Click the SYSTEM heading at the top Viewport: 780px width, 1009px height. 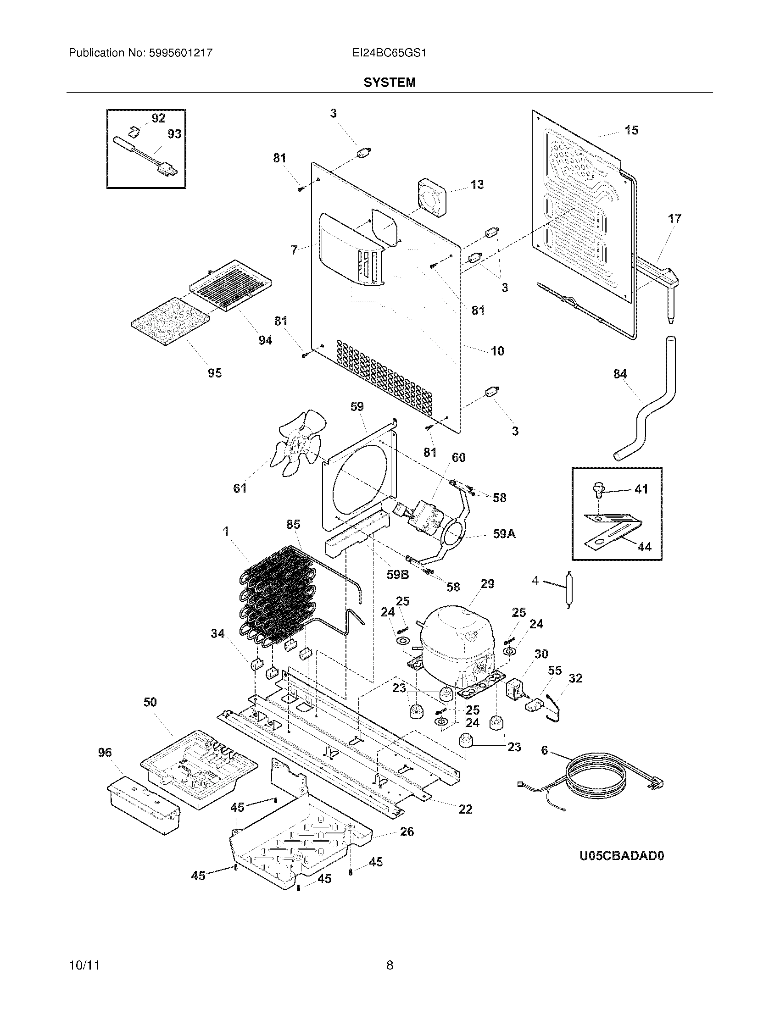(389, 82)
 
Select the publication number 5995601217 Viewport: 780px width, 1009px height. (180, 53)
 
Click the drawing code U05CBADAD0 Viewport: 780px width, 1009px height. (622, 856)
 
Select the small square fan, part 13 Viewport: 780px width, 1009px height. (432, 197)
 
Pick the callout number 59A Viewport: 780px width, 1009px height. (504, 534)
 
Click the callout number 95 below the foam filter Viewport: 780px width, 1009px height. (214, 373)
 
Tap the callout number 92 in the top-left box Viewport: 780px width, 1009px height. (158, 118)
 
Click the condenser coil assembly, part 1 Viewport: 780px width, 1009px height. (273, 596)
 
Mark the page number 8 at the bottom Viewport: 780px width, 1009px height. (390, 965)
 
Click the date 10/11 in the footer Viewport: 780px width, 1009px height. (84, 965)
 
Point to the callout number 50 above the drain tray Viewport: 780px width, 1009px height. (150, 702)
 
